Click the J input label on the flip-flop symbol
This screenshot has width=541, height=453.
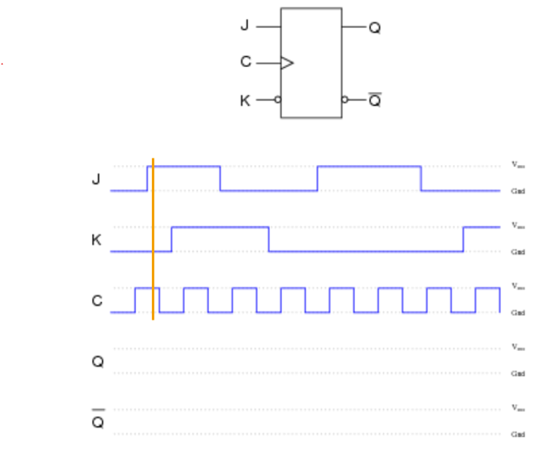click(245, 25)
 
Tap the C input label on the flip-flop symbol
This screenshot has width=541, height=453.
click(245, 62)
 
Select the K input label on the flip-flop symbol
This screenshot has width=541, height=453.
click(245, 101)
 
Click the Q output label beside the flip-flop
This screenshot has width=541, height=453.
click(375, 27)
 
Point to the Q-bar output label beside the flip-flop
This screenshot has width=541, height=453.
click(375, 101)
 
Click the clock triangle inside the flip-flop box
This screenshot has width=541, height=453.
click(288, 62)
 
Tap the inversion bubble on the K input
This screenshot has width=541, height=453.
click(278, 100)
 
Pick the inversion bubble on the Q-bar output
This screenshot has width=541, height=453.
click(344, 100)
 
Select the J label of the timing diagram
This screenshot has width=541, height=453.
click(96, 179)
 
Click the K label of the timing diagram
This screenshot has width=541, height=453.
click(96, 240)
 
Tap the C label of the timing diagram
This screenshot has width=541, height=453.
click(96, 300)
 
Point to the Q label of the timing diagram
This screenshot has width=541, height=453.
click(97, 362)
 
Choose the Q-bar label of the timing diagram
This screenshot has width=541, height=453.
click(97, 420)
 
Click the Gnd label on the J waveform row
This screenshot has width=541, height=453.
click(518, 190)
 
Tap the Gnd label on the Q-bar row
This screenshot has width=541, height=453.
click(518, 434)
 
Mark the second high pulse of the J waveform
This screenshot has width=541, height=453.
click(369, 167)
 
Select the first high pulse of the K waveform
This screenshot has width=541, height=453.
click(220, 227)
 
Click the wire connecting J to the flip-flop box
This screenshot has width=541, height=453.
click(268, 27)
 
